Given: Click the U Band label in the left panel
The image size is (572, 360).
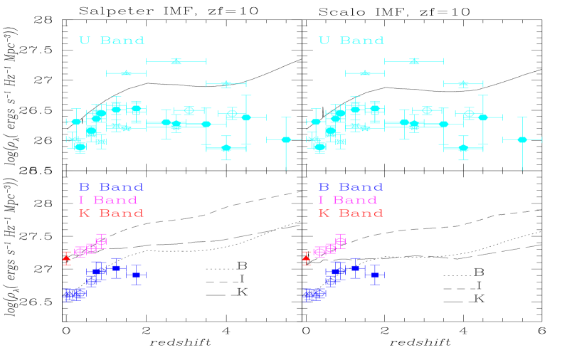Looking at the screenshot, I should click(x=112, y=41).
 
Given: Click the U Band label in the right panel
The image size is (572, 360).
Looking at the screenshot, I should click(x=351, y=41).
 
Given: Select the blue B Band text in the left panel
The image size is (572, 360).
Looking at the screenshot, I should click(x=111, y=188).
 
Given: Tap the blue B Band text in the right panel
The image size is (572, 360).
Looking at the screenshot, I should click(x=351, y=188).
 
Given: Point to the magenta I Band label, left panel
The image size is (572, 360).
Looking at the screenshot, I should click(x=108, y=201).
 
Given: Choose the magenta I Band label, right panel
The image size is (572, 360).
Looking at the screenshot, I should click(x=348, y=201).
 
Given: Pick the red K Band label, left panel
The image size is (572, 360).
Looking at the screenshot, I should click(x=111, y=213).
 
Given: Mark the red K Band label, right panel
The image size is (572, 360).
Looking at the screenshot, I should click(x=351, y=213).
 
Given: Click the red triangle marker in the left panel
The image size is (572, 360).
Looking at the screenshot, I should click(x=67, y=258).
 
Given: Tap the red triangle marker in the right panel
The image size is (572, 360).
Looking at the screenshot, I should click(x=307, y=258).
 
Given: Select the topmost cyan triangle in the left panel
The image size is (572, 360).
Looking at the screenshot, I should click(x=176, y=61).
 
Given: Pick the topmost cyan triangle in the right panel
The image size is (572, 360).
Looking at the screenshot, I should click(x=414, y=61).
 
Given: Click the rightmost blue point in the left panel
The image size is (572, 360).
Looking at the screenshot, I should click(x=136, y=275).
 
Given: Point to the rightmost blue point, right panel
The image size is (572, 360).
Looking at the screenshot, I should click(x=374, y=275).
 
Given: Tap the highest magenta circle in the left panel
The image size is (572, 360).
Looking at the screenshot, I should click(x=101, y=241).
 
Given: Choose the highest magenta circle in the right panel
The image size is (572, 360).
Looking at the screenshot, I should click(x=340, y=241).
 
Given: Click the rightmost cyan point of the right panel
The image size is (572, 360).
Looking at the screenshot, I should click(x=522, y=139).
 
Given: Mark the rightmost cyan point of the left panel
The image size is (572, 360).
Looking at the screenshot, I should click(x=286, y=139).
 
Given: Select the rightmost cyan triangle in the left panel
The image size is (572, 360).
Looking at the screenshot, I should click(x=226, y=84).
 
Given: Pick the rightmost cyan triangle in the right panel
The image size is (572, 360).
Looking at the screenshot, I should click(x=463, y=84).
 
